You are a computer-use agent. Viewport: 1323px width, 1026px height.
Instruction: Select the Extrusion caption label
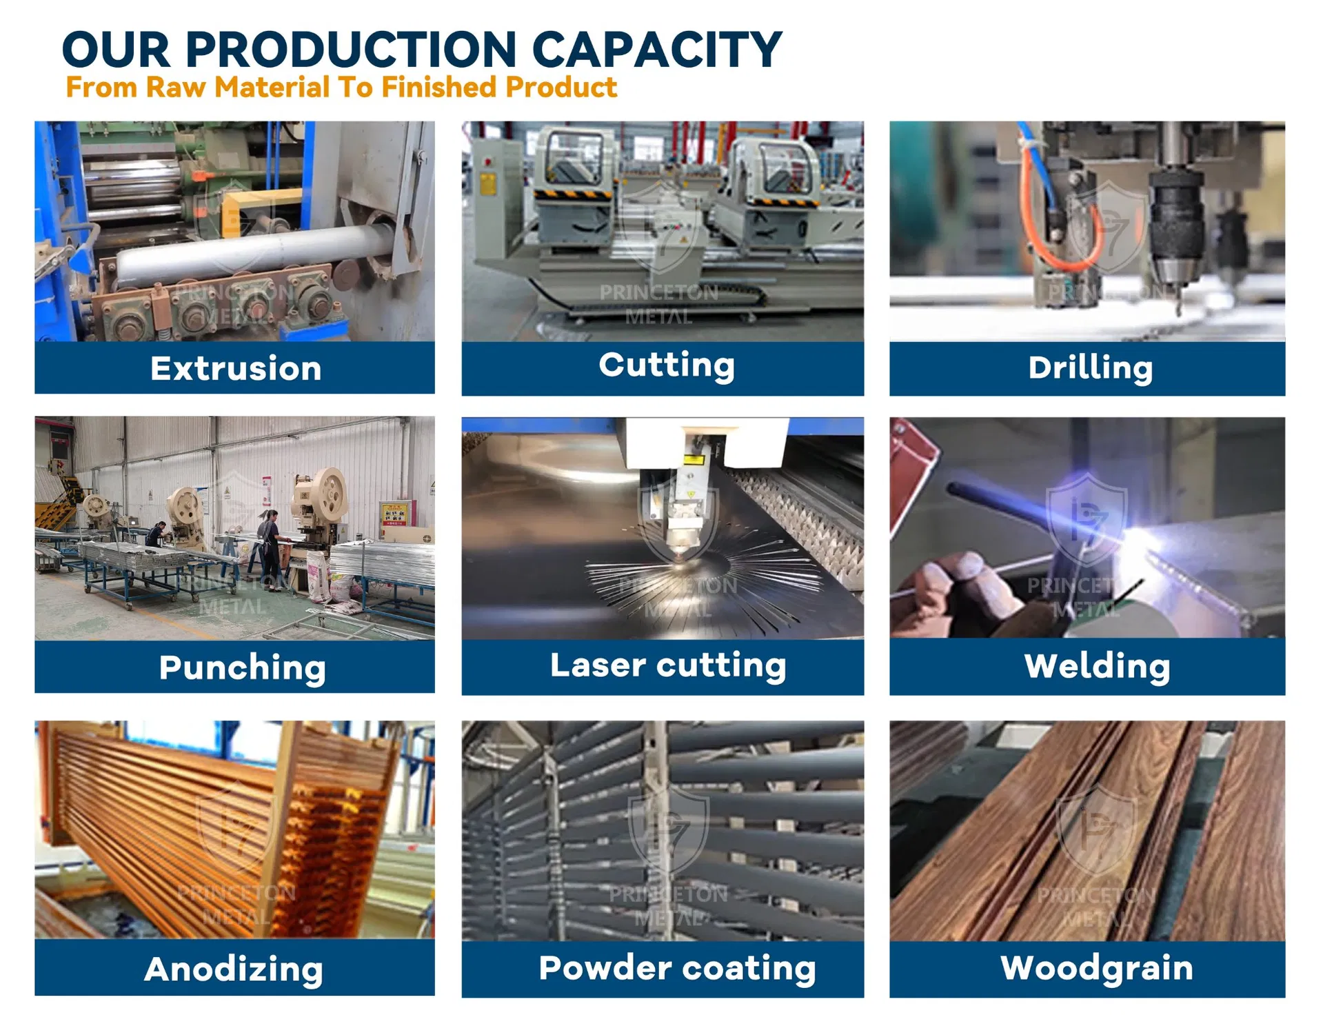[236, 368]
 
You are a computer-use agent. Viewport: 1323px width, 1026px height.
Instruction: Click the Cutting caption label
[666, 365]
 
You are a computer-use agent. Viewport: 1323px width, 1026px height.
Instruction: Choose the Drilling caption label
[1090, 368]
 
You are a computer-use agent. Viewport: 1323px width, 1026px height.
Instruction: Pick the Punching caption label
[242, 667]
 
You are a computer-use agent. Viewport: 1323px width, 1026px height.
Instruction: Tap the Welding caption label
[1097, 666]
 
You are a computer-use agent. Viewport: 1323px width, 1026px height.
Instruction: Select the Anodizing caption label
[234, 969]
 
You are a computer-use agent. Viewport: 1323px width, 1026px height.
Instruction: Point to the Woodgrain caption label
[1096, 967]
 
